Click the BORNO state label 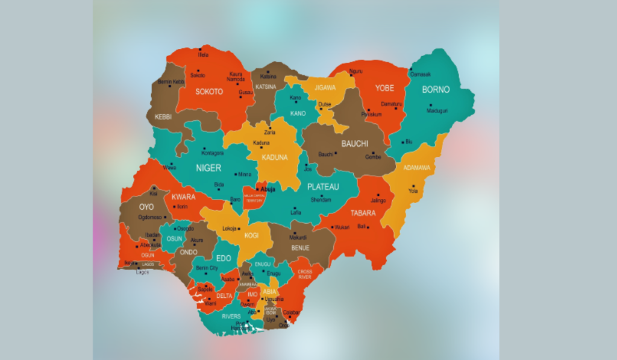click(436, 89)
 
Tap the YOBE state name click(384, 88)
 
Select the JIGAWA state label click(326, 87)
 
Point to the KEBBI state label click(163, 116)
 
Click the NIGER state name click(208, 168)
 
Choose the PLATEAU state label click(323, 186)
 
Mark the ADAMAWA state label click(417, 168)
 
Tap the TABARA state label click(363, 213)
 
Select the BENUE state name click(300, 248)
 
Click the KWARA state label click(183, 197)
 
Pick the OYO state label click(146, 207)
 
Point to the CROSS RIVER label click(305, 274)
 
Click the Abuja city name click(268, 189)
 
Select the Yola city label click(413, 192)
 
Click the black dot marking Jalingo click(374, 194)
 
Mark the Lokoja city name click(230, 229)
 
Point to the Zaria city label click(269, 132)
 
